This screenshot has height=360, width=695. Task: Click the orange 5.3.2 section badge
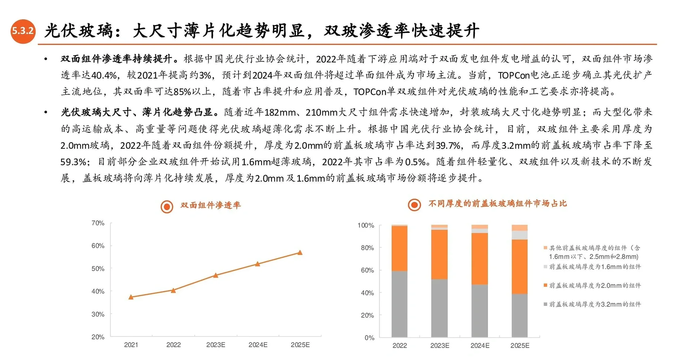[23, 31]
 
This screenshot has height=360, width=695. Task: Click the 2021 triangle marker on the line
[131, 297]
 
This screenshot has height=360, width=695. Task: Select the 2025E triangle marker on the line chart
[300, 252]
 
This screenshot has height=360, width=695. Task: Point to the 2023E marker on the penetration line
[216, 275]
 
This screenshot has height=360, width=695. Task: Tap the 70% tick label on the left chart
[98, 223]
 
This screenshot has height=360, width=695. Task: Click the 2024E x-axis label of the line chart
[258, 345]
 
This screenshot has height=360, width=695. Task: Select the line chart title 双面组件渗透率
[210, 205]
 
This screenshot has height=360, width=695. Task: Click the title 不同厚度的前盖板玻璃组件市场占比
[497, 204]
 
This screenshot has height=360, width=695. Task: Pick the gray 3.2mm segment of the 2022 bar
[399, 304]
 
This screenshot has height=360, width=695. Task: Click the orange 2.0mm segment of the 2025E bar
[519, 266]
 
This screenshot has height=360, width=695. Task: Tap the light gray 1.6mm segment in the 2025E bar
[519, 235]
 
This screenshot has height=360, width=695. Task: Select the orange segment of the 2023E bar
[439, 254]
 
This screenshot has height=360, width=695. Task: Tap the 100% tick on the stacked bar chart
[366, 226]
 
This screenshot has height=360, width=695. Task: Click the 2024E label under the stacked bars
[480, 346]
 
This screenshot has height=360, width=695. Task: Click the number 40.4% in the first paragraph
[104, 75]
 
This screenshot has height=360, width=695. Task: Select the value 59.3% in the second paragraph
[73, 162]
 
